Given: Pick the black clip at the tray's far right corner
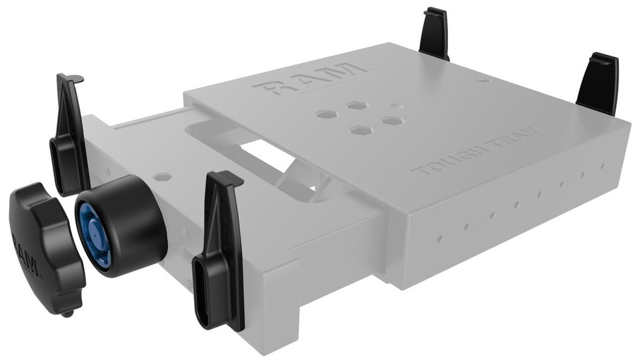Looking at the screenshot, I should [598, 83].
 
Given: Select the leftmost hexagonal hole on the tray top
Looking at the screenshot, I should [326, 114].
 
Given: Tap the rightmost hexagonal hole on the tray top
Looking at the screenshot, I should [391, 121].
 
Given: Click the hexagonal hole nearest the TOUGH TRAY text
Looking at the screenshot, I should [361, 131].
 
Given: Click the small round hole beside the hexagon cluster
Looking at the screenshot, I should [397, 106].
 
